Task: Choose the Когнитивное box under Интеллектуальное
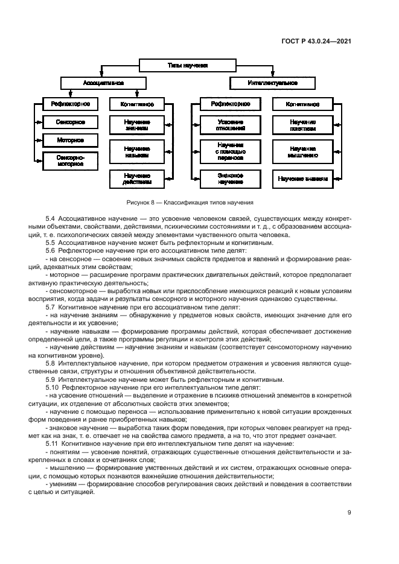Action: (x=304, y=104)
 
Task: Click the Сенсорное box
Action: (x=70, y=122)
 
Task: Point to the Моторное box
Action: (x=70, y=140)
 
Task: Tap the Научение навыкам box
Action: (x=136, y=151)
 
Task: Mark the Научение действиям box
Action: (x=136, y=179)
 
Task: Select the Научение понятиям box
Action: (x=303, y=125)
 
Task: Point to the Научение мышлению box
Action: (x=303, y=151)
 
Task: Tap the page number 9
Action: (x=350, y=512)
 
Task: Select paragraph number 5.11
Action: (x=52, y=443)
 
